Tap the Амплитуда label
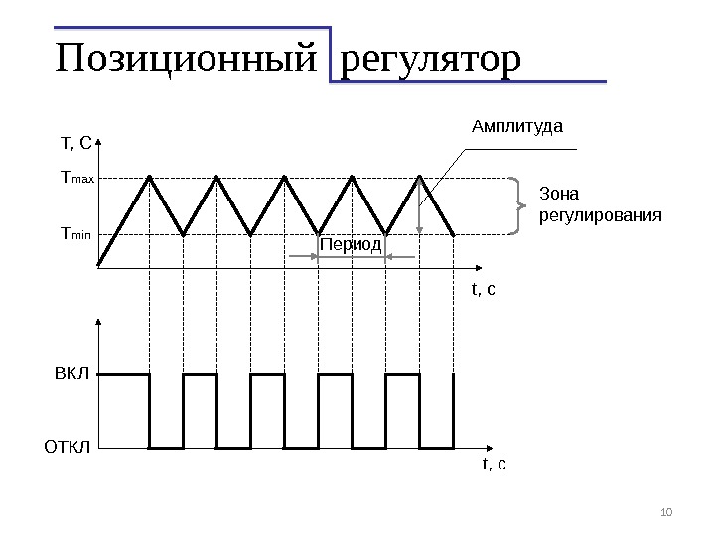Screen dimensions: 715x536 (x=516, y=127)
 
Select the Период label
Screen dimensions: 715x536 (x=351, y=244)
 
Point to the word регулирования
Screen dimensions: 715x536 (x=600, y=214)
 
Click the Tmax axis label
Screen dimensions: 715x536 (x=76, y=179)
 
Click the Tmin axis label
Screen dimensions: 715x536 (x=75, y=234)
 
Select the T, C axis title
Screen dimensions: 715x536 (x=76, y=145)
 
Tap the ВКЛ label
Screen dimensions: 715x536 (x=71, y=375)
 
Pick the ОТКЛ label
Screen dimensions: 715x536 (x=67, y=447)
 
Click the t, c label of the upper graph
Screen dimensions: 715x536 (x=483, y=290)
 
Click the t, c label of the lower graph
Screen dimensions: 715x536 (x=494, y=463)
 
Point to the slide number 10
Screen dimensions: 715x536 (x=666, y=512)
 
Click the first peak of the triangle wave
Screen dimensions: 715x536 (x=149, y=178)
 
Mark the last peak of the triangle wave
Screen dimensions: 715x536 (x=420, y=178)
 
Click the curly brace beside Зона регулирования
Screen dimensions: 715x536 (x=517, y=206)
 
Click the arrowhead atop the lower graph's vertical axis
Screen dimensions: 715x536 (x=98, y=322)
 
